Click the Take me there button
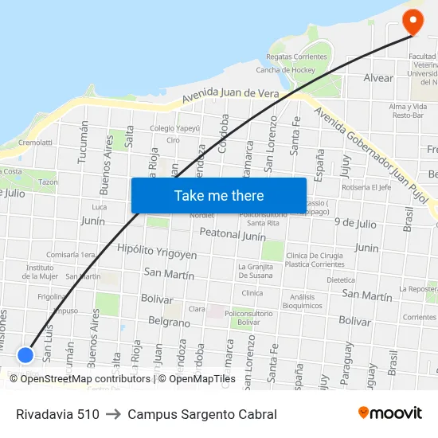(x=219, y=195)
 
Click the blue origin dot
(x=25, y=354)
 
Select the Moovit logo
(x=390, y=413)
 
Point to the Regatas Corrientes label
(x=297, y=57)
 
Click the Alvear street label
(x=378, y=78)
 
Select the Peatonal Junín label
(x=233, y=235)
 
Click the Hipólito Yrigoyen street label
(x=157, y=252)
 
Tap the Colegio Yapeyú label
(x=174, y=128)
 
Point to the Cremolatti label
(x=35, y=143)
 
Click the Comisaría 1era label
(x=70, y=255)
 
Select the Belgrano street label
(x=169, y=323)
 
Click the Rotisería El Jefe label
(x=366, y=188)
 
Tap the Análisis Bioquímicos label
(x=302, y=301)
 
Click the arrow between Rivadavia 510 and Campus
(x=113, y=414)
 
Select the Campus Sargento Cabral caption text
(x=202, y=414)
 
